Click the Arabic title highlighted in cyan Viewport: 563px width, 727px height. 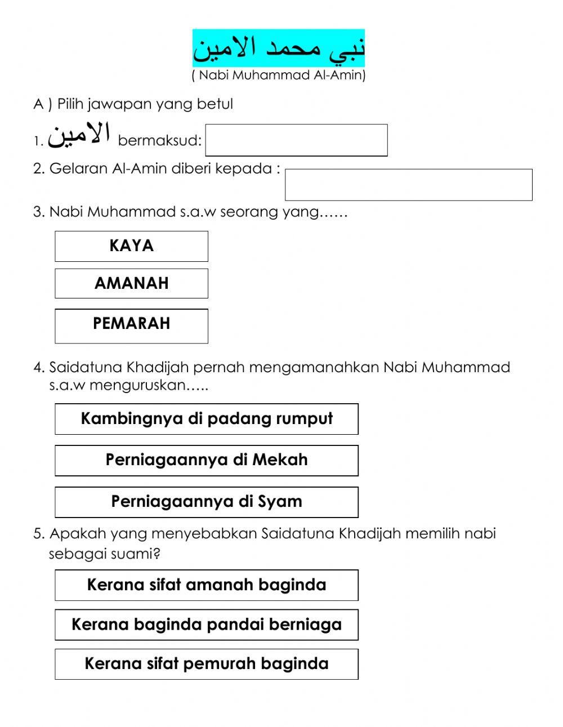click(279, 48)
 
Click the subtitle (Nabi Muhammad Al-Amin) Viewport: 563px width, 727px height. click(279, 75)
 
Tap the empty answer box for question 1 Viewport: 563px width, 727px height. click(296, 140)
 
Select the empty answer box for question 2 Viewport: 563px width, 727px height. click(408, 185)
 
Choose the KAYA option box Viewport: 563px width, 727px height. click(131, 246)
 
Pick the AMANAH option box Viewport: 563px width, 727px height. click(131, 283)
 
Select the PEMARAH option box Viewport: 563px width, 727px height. click(131, 325)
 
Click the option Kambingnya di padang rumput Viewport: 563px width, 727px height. click(206, 419)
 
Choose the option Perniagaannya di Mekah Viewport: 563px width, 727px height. click(206, 460)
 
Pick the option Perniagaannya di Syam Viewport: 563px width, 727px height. click(206, 502)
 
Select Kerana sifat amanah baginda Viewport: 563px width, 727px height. click(206, 585)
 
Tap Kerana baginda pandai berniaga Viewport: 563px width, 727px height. click(206, 625)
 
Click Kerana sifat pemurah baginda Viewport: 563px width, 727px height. click(206, 664)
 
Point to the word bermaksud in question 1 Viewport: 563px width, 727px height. click(159, 141)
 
